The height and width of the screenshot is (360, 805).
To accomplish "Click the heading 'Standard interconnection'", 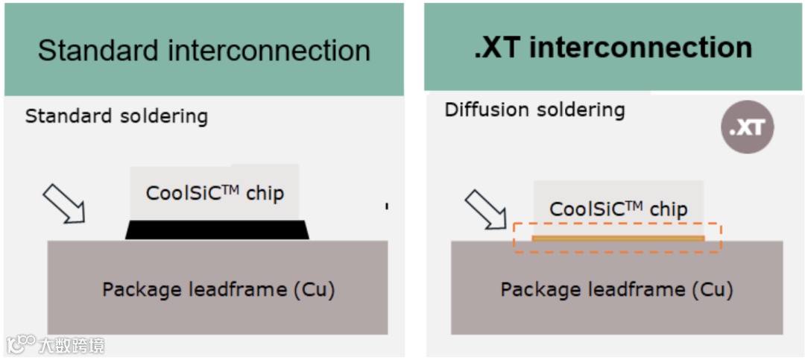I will tap(203, 51).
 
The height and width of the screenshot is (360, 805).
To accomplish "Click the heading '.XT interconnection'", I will tap(613, 48).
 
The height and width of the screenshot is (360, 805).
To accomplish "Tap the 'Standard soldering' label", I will tap(116, 116).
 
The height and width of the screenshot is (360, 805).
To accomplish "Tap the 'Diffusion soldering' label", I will tap(534, 110).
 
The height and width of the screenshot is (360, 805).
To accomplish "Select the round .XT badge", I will tap(747, 128).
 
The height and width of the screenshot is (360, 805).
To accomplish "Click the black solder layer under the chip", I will tap(217, 230).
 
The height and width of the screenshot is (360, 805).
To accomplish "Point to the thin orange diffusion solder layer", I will tap(618, 239).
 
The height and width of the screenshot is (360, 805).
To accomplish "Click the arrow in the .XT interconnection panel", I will tap(485, 209).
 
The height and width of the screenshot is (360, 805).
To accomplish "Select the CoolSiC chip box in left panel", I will tap(215, 193).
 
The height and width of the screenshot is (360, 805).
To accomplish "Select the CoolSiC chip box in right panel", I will tap(618, 208).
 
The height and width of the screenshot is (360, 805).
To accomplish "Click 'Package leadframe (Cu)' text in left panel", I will tap(218, 289).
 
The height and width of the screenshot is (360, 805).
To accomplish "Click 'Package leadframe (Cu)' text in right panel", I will tap(616, 289).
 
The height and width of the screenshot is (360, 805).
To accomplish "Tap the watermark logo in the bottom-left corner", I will tap(21, 344).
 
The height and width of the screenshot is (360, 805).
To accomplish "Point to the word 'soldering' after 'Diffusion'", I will tap(580, 110).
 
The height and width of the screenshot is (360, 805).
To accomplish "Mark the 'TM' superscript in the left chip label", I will tap(230, 189).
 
